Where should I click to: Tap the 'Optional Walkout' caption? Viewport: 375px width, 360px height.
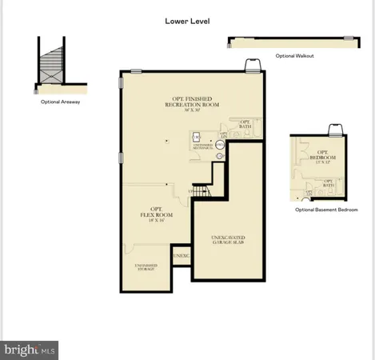click(x=294, y=56)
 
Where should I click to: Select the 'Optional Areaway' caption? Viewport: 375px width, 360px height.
click(x=60, y=102)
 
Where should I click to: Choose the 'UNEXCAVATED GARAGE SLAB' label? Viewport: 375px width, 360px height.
click(x=229, y=241)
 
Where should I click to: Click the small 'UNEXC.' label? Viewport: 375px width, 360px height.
click(x=181, y=255)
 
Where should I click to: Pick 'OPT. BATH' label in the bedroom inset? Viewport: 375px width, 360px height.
click(x=328, y=182)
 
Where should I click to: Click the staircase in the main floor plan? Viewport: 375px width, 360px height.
click(x=200, y=191)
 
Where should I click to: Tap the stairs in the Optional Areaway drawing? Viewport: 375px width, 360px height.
click(x=54, y=64)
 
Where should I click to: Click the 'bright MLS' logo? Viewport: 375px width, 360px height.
click(x=30, y=349)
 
